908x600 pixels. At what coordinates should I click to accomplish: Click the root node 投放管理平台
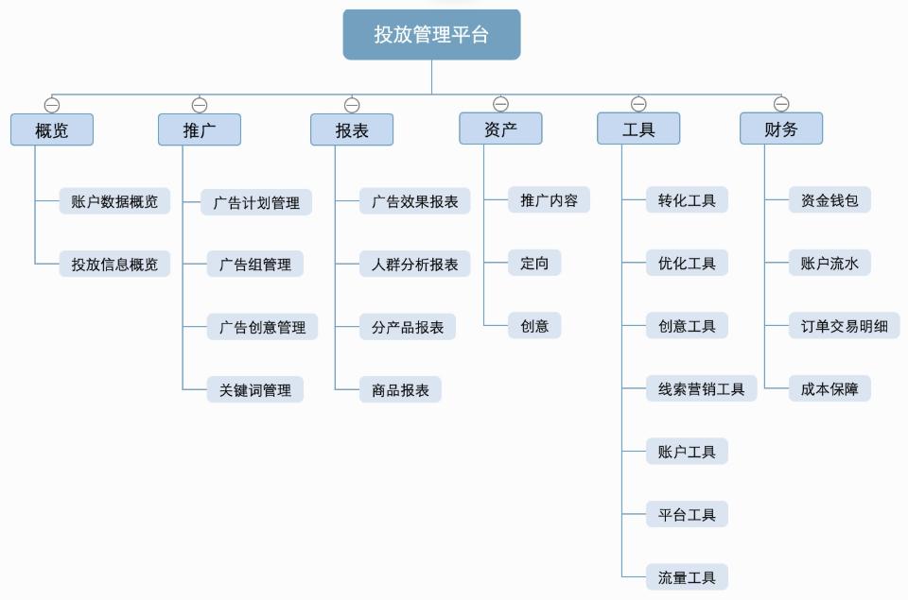tap(431, 35)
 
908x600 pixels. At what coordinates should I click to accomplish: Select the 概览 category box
tap(52, 130)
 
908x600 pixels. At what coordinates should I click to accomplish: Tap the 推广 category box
tap(199, 130)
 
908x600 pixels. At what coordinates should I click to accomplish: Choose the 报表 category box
tap(352, 130)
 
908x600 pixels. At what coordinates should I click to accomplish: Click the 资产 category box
tap(500, 129)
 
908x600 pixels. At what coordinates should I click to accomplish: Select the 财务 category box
tap(781, 129)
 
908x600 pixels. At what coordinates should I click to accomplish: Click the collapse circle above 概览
tap(52, 105)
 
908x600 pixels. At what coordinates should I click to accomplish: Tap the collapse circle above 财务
tap(781, 104)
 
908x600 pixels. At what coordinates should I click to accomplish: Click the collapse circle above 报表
tap(352, 105)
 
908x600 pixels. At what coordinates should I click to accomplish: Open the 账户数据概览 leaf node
tap(114, 201)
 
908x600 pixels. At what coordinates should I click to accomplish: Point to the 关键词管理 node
tap(255, 389)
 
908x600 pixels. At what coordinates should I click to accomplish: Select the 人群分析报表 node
tap(414, 265)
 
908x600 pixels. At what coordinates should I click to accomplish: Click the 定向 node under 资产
tap(534, 264)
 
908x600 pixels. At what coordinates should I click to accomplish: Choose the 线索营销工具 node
tap(701, 388)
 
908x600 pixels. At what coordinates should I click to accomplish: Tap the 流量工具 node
tap(687, 577)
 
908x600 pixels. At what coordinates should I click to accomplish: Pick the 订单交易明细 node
tap(844, 326)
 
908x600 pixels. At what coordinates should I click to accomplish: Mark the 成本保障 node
tap(829, 388)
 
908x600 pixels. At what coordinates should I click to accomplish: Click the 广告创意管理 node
tap(262, 327)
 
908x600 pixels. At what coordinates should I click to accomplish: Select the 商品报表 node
tap(400, 389)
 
